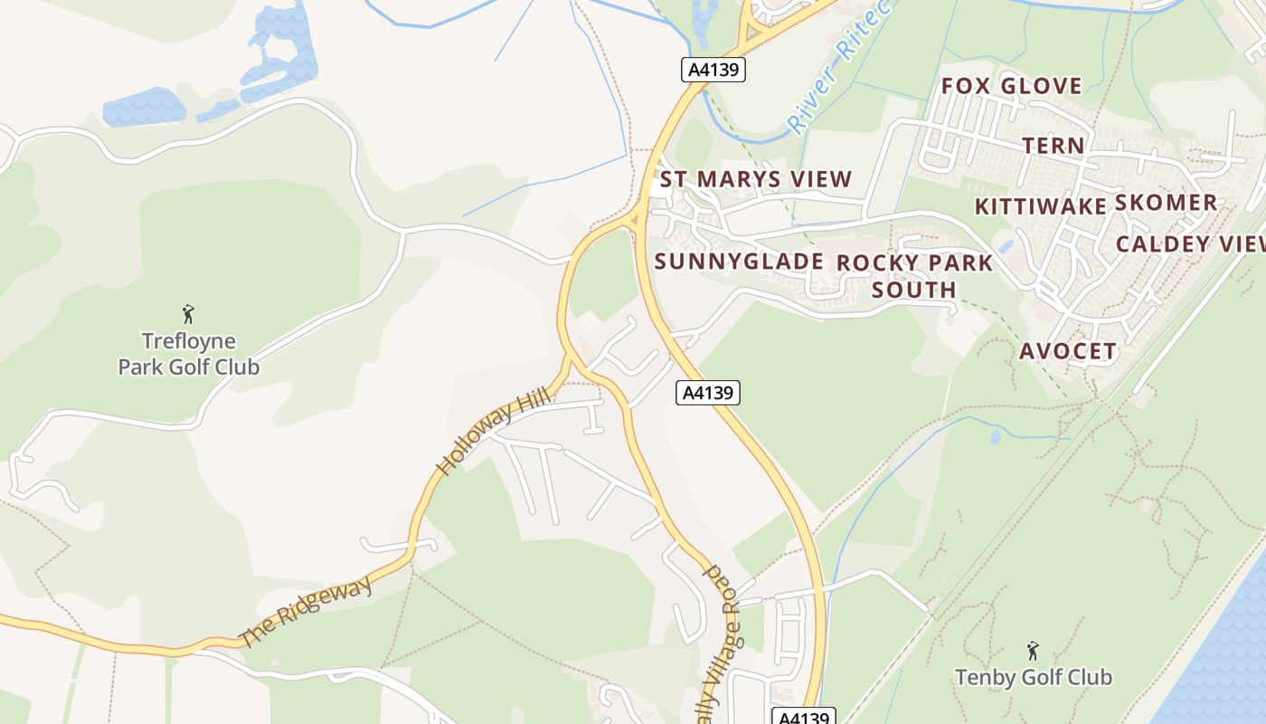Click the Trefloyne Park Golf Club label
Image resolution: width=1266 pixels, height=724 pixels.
pyautogui.click(x=189, y=354)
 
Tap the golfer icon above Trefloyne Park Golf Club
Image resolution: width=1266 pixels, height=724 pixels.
pyautogui.click(x=188, y=314)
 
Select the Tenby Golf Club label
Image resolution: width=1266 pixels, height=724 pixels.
pyautogui.click(x=1034, y=677)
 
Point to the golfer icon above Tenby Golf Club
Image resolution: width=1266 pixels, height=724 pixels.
pyautogui.click(x=1033, y=651)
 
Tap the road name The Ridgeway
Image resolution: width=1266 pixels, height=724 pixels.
pyautogui.click(x=307, y=613)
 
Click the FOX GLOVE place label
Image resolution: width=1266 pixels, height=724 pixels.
pyautogui.click(x=1012, y=86)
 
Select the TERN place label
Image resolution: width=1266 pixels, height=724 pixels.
pyautogui.click(x=1053, y=146)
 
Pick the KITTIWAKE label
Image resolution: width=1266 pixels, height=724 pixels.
pyautogui.click(x=1041, y=206)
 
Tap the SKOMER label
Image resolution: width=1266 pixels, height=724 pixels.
pyautogui.click(x=1166, y=203)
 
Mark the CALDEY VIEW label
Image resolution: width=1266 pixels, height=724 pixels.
pyautogui.click(x=1189, y=244)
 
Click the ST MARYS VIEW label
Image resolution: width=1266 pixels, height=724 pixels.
pyautogui.click(x=756, y=179)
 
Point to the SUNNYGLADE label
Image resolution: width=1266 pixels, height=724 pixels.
pyautogui.click(x=739, y=262)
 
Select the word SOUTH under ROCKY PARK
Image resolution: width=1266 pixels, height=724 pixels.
pyautogui.click(x=914, y=290)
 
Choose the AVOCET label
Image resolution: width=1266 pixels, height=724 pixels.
pyautogui.click(x=1068, y=351)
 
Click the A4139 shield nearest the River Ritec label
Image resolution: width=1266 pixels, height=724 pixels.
pyautogui.click(x=713, y=71)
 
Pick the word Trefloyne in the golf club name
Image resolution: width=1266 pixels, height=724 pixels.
pyautogui.click(x=189, y=341)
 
